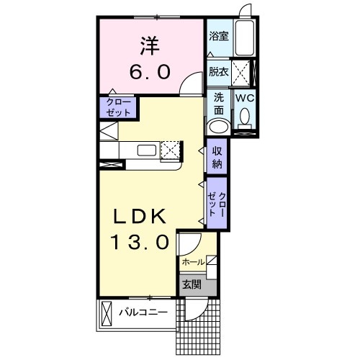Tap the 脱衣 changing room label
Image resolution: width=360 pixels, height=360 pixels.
pyautogui.click(x=218, y=71)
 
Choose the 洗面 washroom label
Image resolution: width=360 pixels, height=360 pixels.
pyautogui.click(x=218, y=103)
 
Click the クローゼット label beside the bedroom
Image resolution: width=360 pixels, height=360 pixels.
pyautogui.click(x=117, y=108)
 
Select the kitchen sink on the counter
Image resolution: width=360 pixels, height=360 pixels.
pyautogui.click(x=148, y=150)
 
